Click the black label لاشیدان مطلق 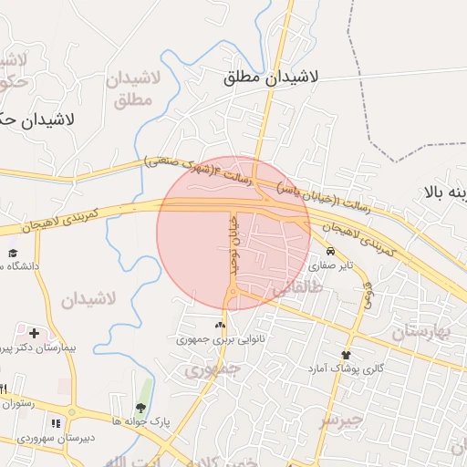[271, 78]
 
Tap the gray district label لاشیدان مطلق [133, 88]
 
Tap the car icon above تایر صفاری [329, 252]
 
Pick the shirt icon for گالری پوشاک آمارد [346, 354]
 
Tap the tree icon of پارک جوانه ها [140, 408]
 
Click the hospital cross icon [35, 334]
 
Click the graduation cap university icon [13, 253]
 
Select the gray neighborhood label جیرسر [341, 420]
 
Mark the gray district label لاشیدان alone [88, 299]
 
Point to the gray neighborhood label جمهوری [212, 369]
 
